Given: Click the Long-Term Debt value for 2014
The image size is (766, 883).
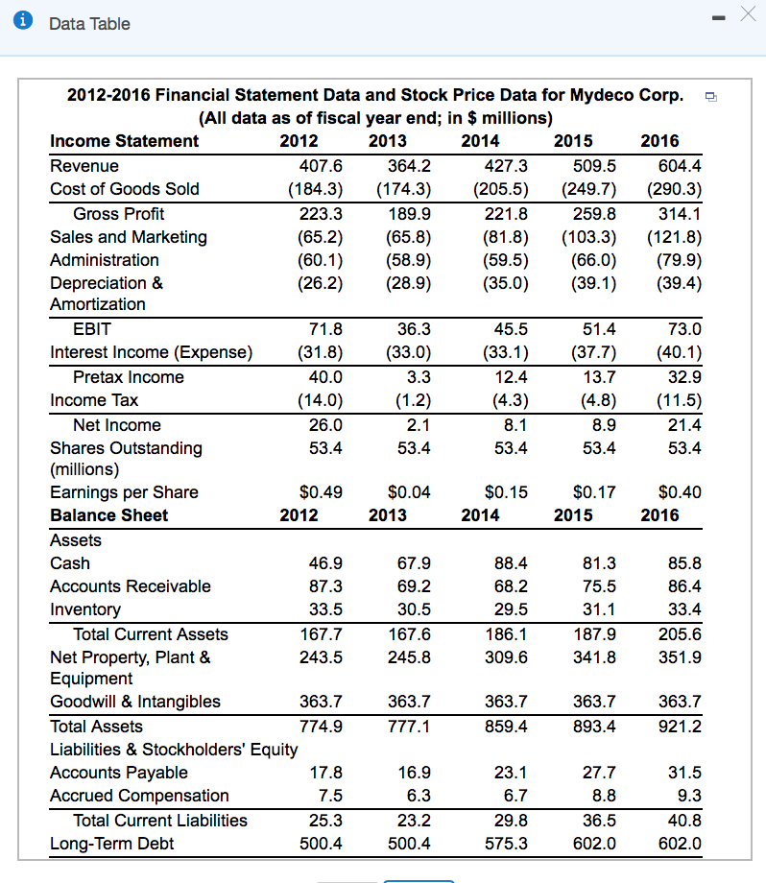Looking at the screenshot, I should [x=506, y=844].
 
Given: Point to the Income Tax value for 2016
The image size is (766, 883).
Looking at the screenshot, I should [x=678, y=400].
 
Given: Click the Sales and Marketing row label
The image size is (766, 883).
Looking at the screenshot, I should [x=129, y=237].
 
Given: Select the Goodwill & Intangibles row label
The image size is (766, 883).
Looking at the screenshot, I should [x=135, y=702].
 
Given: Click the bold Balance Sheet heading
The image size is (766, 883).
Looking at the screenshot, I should [x=108, y=515].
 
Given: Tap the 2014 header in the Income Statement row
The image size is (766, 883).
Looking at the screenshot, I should [x=480, y=141].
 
